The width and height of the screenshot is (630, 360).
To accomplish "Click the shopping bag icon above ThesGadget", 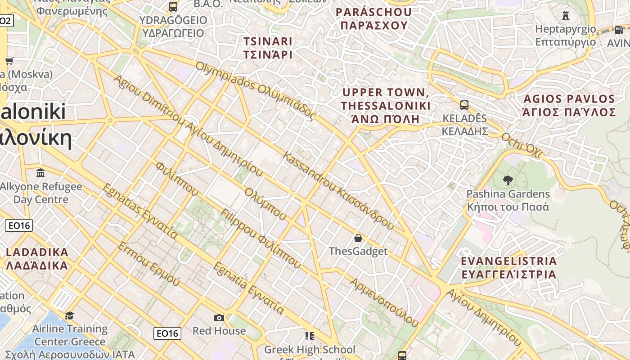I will tap(358, 238).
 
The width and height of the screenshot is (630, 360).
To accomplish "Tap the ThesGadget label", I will tap(358, 251).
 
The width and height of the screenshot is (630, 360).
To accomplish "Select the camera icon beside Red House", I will tap(219, 318).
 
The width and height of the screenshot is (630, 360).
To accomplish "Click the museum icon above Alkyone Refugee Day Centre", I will tap(41, 173).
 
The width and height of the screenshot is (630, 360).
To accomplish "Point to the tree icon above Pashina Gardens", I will tap(508, 180).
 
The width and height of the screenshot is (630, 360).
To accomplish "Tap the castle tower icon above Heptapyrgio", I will tap(566, 16).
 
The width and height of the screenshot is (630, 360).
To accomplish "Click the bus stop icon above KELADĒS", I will tap(464, 105).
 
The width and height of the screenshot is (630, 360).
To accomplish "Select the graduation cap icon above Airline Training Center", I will tap(69, 315).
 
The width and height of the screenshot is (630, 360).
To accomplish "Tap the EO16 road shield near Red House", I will tap(167, 333).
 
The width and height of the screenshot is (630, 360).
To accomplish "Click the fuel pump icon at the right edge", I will tap(619, 30).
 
